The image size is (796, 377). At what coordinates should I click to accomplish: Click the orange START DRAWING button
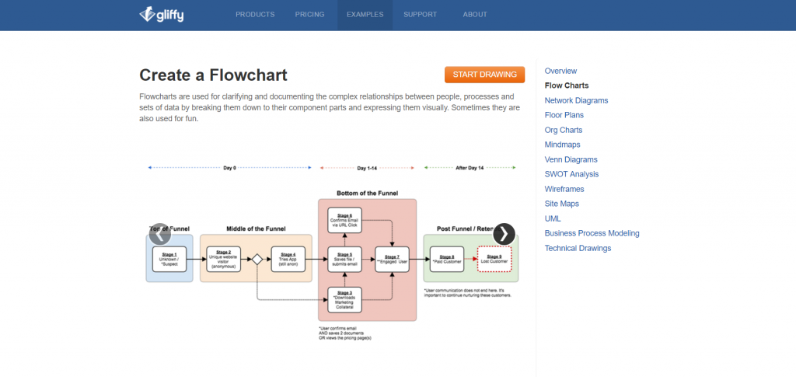point(484,75)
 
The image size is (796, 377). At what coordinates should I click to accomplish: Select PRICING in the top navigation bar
point(310,14)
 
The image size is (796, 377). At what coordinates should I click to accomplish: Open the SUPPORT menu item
point(420,14)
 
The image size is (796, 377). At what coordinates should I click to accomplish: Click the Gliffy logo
point(161,14)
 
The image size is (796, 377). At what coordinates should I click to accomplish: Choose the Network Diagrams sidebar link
point(576,100)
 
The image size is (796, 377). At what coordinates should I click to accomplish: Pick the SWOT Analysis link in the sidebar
point(571,174)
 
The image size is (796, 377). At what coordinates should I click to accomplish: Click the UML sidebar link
point(553,218)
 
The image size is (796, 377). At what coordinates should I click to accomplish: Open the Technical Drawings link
point(578,248)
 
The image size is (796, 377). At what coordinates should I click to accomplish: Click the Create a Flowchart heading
point(213,75)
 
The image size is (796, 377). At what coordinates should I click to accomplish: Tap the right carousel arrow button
point(504,233)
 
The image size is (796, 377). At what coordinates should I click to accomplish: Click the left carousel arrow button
point(159,233)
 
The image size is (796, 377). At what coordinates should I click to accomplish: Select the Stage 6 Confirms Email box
point(345,220)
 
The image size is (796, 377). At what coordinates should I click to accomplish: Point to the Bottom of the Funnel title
point(367,193)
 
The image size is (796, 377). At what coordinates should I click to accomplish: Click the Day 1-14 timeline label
point(367,168)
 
